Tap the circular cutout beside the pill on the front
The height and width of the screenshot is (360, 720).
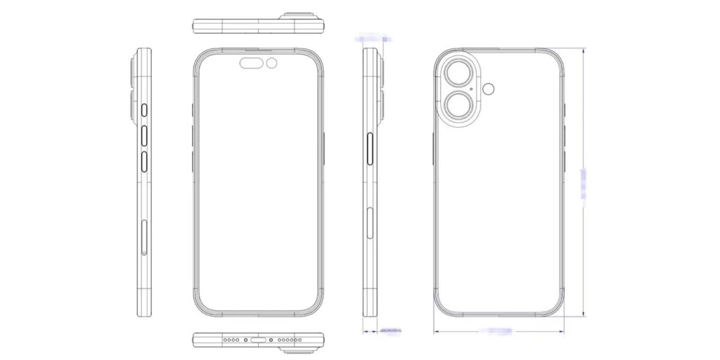click(x=272, y=63)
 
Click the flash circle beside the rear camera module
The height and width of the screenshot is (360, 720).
click(x=490, y=89)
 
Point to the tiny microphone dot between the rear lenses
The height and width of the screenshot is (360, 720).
click(x=471, y=88)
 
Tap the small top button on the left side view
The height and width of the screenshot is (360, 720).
click(x=145, y=111)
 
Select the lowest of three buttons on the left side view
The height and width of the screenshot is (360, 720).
click(x=145, y=161)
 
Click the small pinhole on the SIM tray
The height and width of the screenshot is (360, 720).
click(x=144, y=253)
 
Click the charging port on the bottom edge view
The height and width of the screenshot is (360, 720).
click(x=258, y=339)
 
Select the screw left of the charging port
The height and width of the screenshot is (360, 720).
click(x=245, y=339)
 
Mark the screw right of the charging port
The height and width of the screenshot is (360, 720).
click(x=271, y=339)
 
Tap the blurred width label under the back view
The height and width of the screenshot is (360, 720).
click(x=497, y=331)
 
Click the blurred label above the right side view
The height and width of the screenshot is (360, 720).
click(x=373, y=38)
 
